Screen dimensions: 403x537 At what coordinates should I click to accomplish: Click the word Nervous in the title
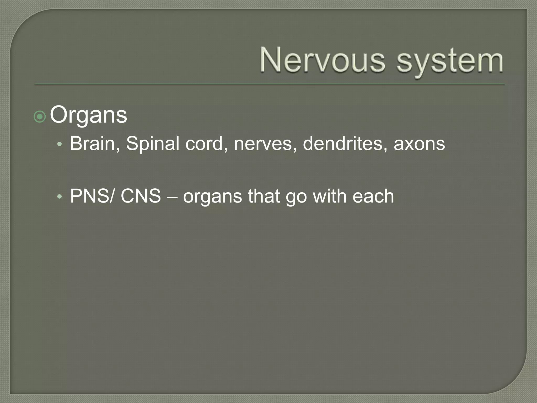pyautogui.click(x=323, y=60)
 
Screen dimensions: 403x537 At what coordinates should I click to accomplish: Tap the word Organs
pyautogui.click(x=88, y=115)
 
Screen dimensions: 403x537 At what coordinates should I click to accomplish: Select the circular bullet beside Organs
pyautogui.click(x=40, y=117)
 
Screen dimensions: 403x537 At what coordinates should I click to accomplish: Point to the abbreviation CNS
pyautogui.click(x=141, y=196)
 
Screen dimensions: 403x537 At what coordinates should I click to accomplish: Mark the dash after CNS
pyautogui.click(x=172, y=197)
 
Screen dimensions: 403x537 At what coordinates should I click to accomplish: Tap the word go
pyautogui.click(x=296, y=198)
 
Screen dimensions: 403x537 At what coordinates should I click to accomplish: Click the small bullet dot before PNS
pyautogui.click(x=60, y=197)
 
